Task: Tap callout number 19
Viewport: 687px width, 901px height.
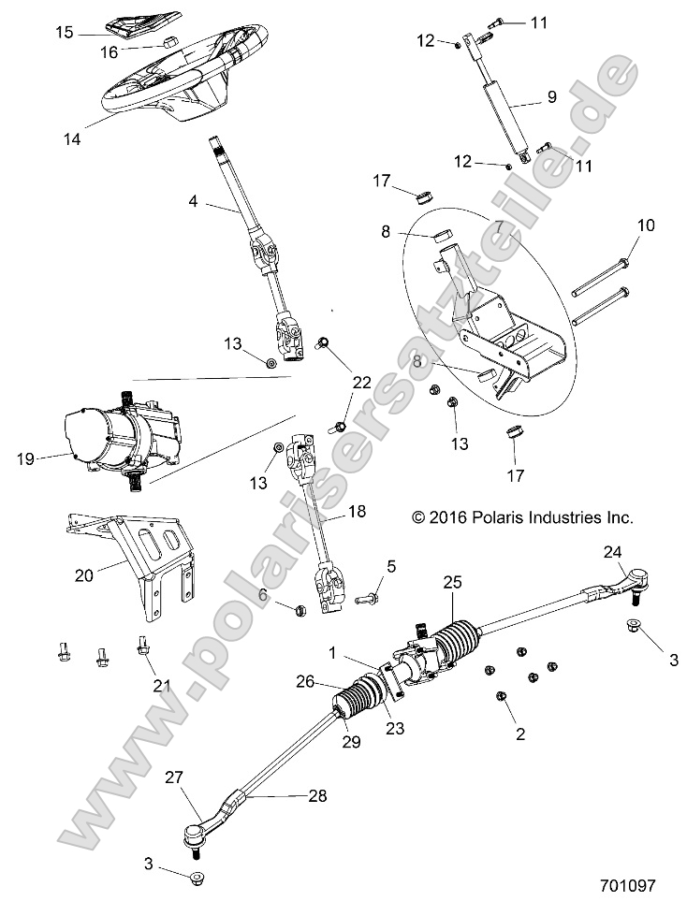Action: point(26,458)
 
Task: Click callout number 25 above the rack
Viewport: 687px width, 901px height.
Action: point(453,582)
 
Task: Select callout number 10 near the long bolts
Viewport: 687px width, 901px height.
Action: point(621,225)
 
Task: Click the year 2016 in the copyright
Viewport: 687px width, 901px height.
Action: point(447,516)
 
